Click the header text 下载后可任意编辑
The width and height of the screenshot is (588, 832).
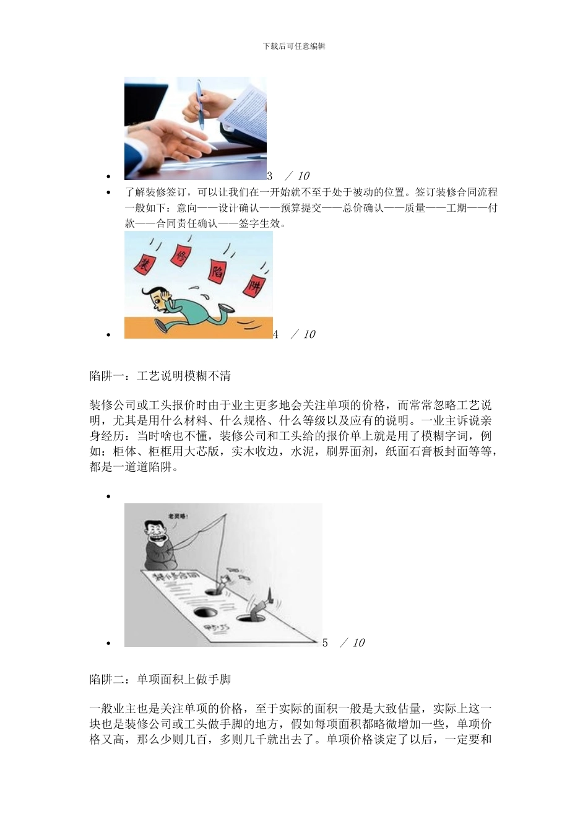click(294, 46)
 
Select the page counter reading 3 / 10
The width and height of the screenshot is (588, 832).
click(288, 176)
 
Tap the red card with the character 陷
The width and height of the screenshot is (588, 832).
click(217, 271)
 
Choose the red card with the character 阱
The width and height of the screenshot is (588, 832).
click(254, 285)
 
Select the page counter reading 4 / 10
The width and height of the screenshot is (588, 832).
click(295, 334)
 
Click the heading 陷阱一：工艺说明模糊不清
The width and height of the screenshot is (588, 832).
click(160, 376)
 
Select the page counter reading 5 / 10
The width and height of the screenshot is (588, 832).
click(344, 643)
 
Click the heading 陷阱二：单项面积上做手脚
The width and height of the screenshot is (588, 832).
click(160, 679)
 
